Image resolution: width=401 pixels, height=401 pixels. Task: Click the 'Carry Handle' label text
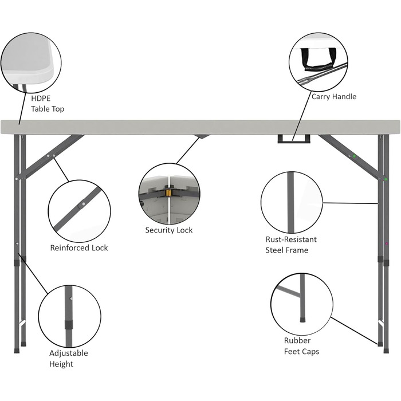click(334, 97)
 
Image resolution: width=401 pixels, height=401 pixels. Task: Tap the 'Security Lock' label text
click(169, 230)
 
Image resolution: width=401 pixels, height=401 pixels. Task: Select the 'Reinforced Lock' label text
click(79, 248)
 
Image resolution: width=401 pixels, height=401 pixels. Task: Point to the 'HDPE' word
click(41, 99)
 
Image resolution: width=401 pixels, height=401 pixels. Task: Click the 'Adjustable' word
click(69, 353)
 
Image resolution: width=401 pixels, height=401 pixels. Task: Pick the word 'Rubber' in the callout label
click(297, 341)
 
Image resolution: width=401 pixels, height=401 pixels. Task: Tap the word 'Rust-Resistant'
click(291, 239)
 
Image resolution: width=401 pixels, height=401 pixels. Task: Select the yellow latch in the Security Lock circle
click(168, 193)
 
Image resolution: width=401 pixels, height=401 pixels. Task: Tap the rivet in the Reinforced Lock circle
click(84, 204)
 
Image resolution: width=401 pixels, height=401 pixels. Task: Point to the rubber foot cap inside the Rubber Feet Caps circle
click(302, 320)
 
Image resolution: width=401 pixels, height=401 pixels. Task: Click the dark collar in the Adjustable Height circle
click(69, 324)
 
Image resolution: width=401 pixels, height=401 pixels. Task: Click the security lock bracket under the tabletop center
click(201, 136)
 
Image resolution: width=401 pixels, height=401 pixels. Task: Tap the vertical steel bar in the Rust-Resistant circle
click(291, 203)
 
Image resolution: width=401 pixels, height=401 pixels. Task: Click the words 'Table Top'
click(48, 109)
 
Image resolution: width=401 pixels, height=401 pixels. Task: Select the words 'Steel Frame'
click(286, 250)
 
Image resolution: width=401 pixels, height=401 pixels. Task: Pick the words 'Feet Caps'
click(301, 352)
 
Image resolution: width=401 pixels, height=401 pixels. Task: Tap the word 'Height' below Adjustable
click(61, 364)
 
